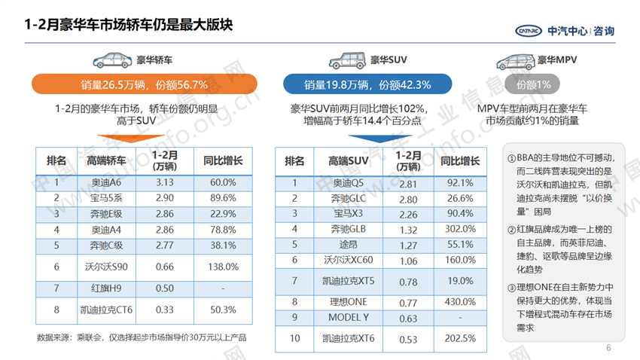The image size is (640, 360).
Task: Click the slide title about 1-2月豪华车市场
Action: click(129, 25)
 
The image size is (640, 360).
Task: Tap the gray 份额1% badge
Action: click(533, 84)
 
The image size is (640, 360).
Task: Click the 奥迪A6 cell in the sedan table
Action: click(105, 183)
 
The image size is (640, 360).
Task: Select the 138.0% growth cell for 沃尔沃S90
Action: click(224, 266)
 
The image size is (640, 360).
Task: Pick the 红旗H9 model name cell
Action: click(105, 288)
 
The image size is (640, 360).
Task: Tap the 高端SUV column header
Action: click(348, 160)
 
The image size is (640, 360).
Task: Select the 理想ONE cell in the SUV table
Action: click(348, 301)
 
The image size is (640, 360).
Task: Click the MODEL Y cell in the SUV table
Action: click(348, 317)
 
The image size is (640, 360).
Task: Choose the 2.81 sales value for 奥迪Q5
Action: click(407, 183)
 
